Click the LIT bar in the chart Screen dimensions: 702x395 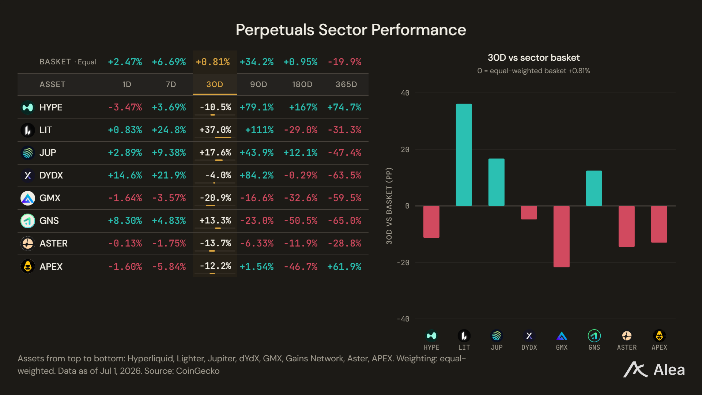[x=464, y=155]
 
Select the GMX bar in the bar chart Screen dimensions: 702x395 [x=561, y=237]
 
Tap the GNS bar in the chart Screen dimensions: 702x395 [x=594, y=188]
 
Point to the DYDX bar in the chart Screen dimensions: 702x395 [x=529, y=212]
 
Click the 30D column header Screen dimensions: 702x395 [x=215, y=84]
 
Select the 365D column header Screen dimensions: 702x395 [x=346, y=84]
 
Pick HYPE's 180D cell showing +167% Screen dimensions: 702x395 [x=303, y=107]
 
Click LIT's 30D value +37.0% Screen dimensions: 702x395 [x=215, y=130]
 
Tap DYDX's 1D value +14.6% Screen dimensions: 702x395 [x=125, y=175]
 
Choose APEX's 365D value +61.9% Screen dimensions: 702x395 [x=344, y=267]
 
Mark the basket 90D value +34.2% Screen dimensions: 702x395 [x=257, y=62]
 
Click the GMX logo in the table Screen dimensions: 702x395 [x=28, y=198]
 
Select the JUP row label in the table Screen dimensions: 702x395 [x=48, y=153]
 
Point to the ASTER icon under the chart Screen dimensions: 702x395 [x=627, y=336]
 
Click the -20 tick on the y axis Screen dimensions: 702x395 [x=403, y=263]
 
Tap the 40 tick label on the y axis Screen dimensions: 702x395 [x=405, y=93]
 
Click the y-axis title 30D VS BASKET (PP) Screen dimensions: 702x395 [x=389, y=206]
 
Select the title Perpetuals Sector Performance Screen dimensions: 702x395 [x=351, y=30]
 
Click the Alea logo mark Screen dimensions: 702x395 [x=635, y=369]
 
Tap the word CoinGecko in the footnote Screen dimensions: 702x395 [x=198, y=371]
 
